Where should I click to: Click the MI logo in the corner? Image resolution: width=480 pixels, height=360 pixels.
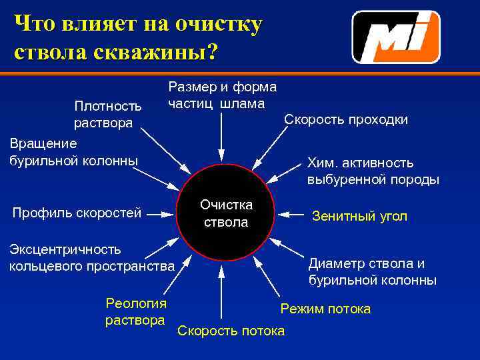pyautogui.click(x=396, y=37)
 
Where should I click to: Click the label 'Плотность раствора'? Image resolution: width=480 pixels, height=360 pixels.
pyautogui.click(x=107, y=114)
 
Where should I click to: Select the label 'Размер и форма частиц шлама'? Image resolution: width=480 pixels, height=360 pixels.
pyautogui.click(x=222, y=95)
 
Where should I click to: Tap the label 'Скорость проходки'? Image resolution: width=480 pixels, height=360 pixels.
pyautogui.click(x=346, y=119)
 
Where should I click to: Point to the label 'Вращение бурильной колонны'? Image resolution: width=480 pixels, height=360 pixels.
pyautogui.click(x=73, y=152)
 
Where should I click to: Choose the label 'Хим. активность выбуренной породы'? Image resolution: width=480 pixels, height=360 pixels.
pyautogui.click(x=373, y=171)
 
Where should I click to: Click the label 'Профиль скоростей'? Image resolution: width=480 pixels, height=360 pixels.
pyautogui.click(x=77, y=213)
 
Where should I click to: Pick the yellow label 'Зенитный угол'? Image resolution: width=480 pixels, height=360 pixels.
pyautogui.click(x=359, y=216)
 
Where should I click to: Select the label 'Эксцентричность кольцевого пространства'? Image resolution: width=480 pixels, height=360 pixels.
pyautogui.click(x=91, y=258)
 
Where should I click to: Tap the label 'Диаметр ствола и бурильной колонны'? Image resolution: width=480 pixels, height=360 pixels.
pyautogui.click(x=373, y=272)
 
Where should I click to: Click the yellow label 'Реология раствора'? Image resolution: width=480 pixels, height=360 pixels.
pyautogui.click(x=136, y=311)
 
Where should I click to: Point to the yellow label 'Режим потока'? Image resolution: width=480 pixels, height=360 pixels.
pyautogui.click(x=325, y=309)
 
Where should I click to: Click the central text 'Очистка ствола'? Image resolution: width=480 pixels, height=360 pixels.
pyautogui.click(x=226, y=213)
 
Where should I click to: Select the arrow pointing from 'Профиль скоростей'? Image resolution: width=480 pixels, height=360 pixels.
pyautogui.click(x=163, y=214)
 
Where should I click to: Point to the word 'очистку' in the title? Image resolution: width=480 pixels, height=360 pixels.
pyautogui.click(x=214, y=24)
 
